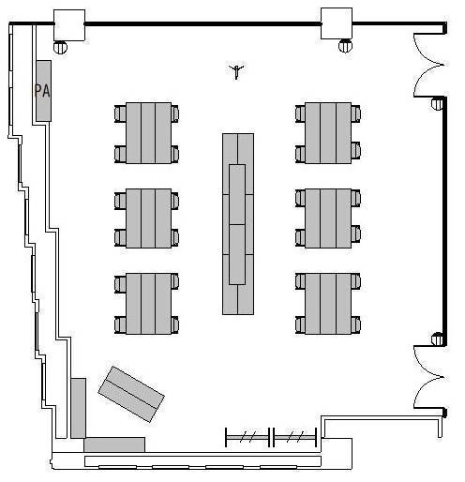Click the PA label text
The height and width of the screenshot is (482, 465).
click(42, 91)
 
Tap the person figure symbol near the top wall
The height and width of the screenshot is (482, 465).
click(236, 71)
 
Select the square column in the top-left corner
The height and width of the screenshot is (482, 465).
click(69, 25)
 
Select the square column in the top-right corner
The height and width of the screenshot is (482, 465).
click(337, 23)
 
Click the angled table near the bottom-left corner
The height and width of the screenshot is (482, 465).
click(131, 394)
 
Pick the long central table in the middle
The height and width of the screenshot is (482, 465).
click(238, 224)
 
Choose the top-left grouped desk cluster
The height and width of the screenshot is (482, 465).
click(146, 133)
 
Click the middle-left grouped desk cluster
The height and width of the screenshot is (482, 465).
click(146, 218)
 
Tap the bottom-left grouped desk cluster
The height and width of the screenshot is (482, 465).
click(146, 304)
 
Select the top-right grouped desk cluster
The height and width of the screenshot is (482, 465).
click(328, 133)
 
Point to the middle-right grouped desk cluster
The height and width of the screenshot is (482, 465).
click(328, 218)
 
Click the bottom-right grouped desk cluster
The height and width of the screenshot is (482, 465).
click(328, 304)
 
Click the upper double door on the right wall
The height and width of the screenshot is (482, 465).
click(428, 65)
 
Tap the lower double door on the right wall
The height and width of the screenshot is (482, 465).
click(428, 377)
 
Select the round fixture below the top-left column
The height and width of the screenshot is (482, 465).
click(60, 47)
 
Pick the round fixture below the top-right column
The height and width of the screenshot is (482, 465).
click(345, 46)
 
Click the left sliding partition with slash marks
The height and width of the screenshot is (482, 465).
click(247, 437)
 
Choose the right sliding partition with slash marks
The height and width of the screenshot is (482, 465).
click(295, 437)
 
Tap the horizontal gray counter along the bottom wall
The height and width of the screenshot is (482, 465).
click(114, 444)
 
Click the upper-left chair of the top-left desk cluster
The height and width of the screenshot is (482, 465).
click(120, 113)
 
